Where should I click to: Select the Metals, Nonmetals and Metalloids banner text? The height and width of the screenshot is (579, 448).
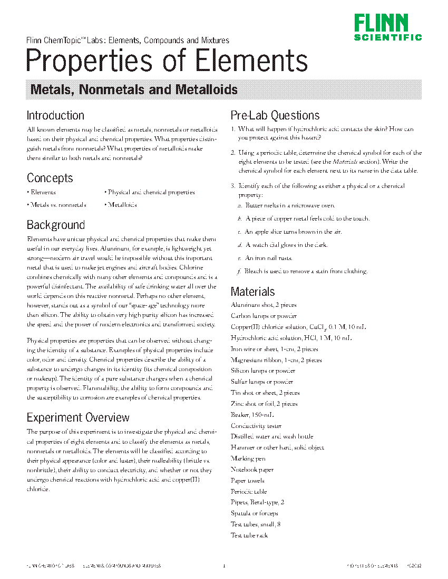coord(134,89)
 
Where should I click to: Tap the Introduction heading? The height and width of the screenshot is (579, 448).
coord(55,116)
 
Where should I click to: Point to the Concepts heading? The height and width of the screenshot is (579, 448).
coord(50,178)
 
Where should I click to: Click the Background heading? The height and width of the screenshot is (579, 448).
coord(55,225)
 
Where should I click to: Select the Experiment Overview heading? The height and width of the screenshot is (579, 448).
coord(78,418)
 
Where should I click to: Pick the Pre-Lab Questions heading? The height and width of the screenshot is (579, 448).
coord(275,116)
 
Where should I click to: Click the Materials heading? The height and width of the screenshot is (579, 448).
coord(253,292)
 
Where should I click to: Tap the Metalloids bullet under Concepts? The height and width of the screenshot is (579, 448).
coord(121,205)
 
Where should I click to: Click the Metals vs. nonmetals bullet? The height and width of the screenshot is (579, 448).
coord(57,205)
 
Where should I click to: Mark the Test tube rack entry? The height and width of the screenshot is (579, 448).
coord(249,535)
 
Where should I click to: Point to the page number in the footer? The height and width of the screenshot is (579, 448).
coord(224,566)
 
